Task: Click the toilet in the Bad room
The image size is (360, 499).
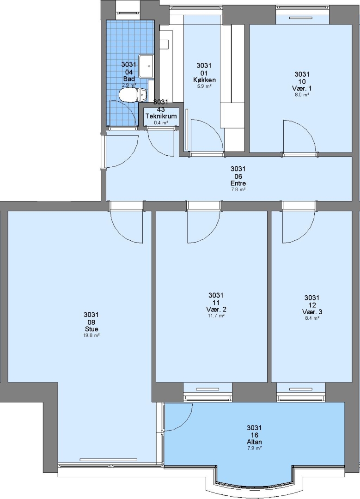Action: (132, 95)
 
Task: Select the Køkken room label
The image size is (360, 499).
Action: (204, 80)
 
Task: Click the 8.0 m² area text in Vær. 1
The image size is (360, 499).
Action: (302, 95)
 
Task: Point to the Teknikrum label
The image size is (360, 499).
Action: (161, 116)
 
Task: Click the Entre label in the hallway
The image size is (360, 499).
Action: (238, 183)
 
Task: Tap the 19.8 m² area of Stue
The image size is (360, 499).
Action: (91, 335)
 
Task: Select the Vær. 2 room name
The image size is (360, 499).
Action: (216, 309)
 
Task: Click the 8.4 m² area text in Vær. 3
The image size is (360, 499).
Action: (312, 318)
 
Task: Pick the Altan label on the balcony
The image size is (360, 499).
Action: (254, 442)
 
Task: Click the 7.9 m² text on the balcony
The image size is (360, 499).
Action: (254, 448)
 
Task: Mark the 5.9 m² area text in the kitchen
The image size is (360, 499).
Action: (204, 86)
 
